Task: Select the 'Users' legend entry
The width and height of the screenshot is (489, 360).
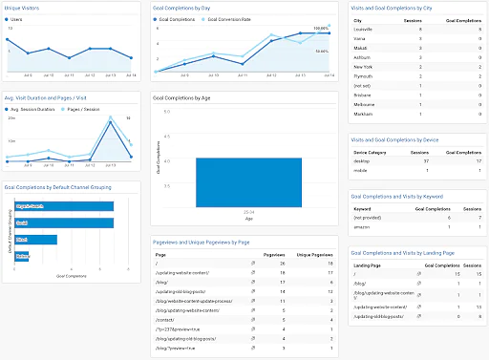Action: click(17, 18)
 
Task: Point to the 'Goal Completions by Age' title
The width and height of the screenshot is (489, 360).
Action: click(185, 96)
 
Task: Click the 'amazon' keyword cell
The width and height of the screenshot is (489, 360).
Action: click(361, 226)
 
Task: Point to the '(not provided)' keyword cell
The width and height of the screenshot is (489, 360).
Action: click(366, 217)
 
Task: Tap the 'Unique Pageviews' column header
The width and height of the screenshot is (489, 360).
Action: click(314, 256)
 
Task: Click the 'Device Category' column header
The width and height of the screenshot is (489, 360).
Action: click(369, 152)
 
